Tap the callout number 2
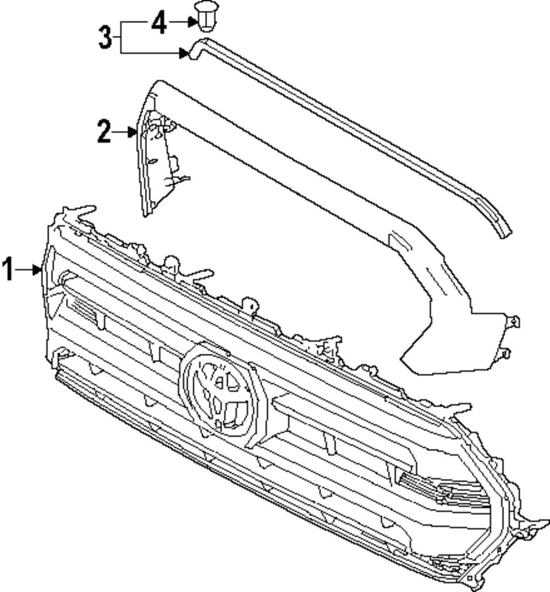(103, 132)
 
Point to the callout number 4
(158, 23)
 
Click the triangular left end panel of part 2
(156, 165)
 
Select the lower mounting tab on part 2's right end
(505, 353)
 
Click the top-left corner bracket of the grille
(74, 214)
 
